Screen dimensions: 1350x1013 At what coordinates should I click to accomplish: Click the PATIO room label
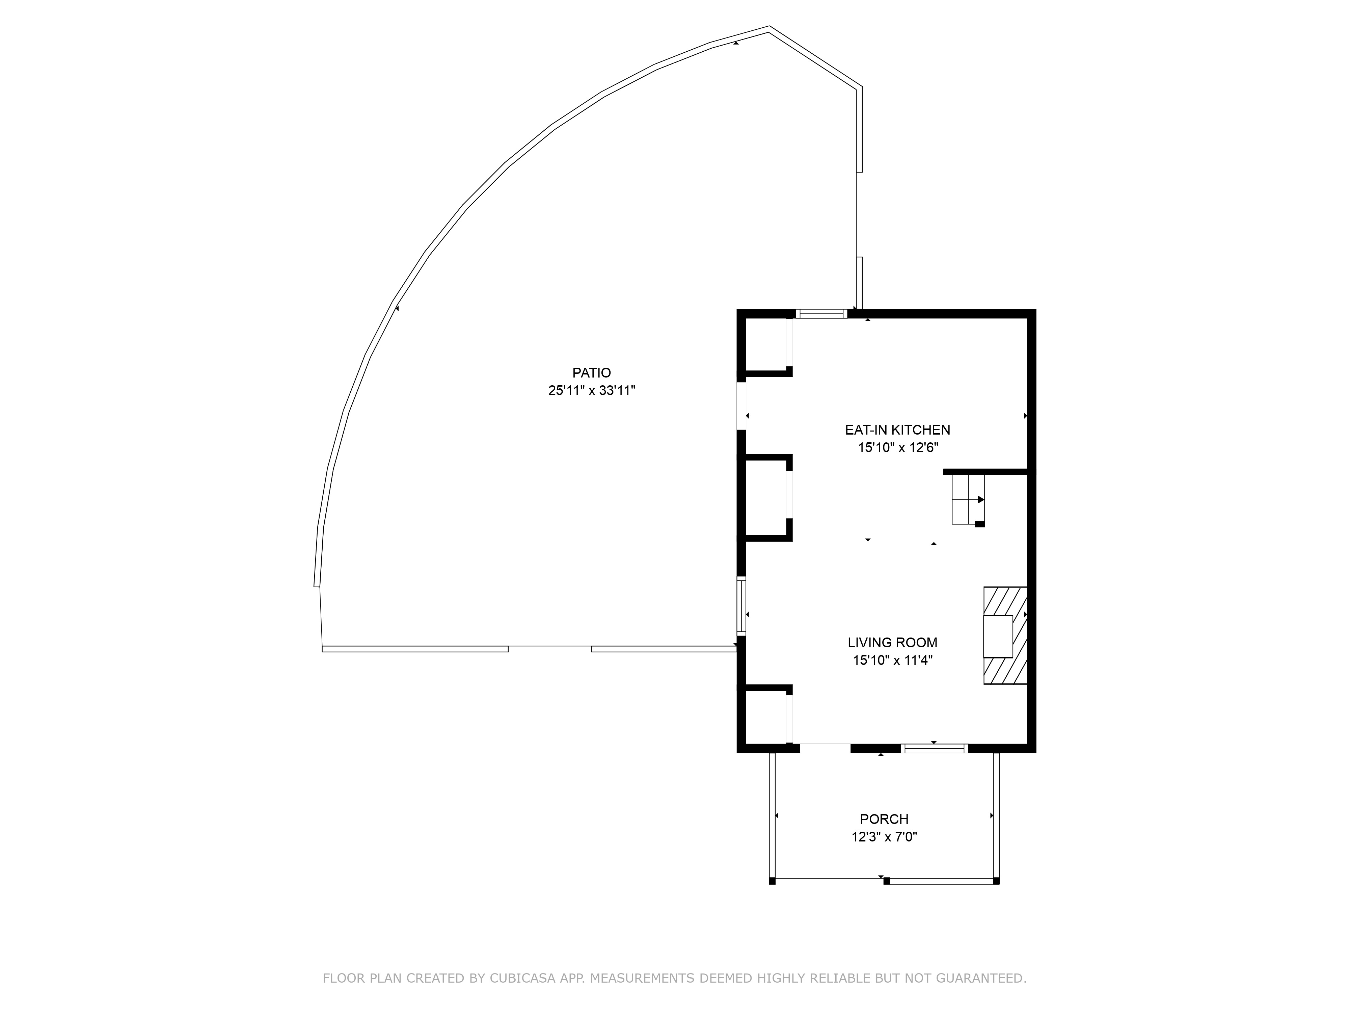[591, 372]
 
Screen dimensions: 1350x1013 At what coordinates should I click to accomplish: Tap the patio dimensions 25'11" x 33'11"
[591, 391]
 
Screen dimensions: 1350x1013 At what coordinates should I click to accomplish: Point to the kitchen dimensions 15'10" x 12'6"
[898, 447]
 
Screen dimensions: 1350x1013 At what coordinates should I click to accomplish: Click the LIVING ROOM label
[892, 642]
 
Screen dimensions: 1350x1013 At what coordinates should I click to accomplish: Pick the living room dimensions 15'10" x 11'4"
[893, 660]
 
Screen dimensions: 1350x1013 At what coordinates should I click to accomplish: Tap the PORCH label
[884, 819]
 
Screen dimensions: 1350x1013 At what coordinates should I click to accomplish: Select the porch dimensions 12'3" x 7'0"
[884, 836]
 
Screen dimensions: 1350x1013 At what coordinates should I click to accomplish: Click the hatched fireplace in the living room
[1004, 635]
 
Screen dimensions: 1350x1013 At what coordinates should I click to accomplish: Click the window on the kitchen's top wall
[821, 314]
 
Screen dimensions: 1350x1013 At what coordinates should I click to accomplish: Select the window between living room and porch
[935, 748]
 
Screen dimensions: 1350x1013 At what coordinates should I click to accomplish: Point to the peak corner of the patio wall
[769, 27]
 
